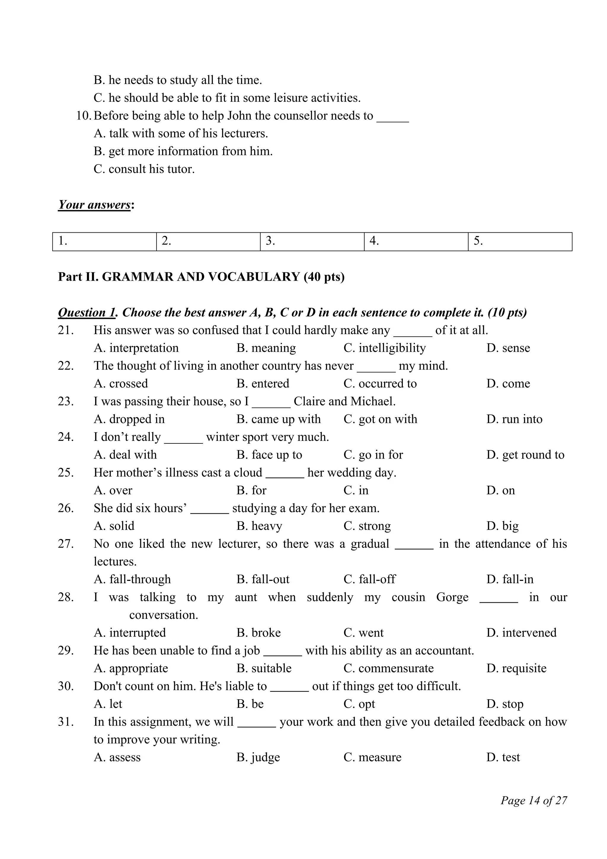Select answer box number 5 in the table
point(520,242)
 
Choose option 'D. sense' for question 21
point(508,348)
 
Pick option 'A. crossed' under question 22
point(121,384)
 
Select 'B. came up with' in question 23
point(278,419)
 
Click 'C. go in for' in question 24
point(373,455)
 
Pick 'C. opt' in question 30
point(359,704)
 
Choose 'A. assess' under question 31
point(117,757)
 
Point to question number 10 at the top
point(83,116)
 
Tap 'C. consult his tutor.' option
point(144,169)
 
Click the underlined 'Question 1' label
point(86,312)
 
